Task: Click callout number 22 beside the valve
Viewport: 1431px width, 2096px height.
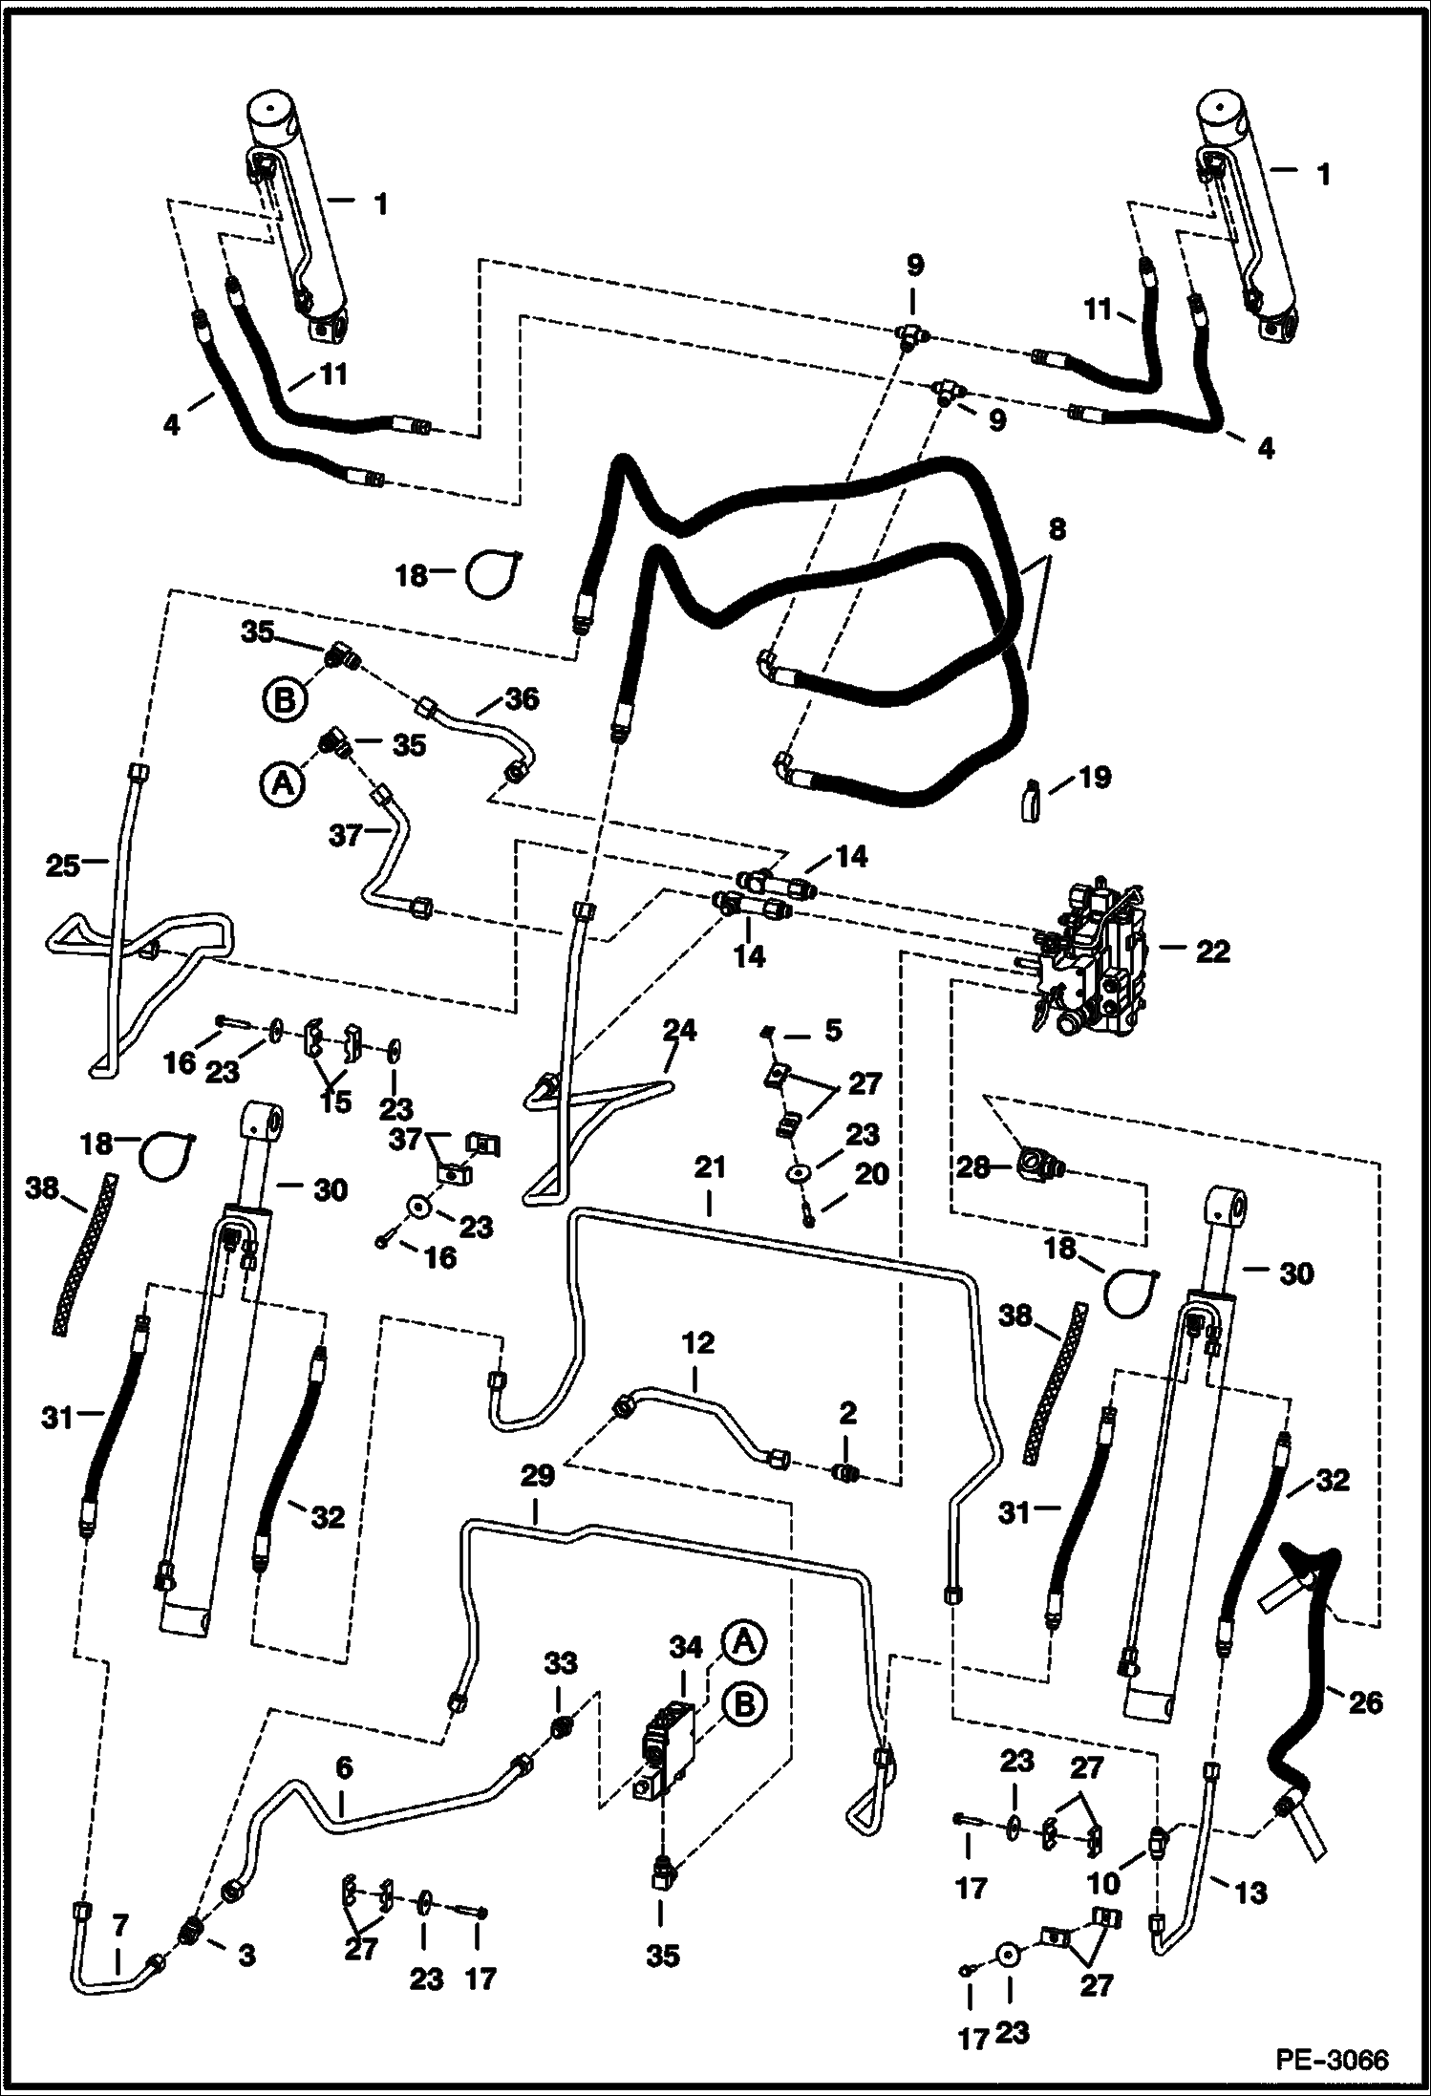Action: click(x=1212, y=952)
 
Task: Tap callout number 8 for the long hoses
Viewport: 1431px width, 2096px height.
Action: click(x=1057, y=529)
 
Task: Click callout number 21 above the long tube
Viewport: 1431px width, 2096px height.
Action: click(x=710, y=1167)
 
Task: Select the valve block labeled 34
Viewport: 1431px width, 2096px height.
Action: click(x=671, y=1756)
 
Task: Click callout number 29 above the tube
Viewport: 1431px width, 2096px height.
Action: click(x=538, y=1477)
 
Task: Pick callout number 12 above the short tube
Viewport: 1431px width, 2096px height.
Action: click(x=698, y=1343)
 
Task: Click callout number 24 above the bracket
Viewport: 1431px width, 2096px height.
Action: click(x=679, y=1031)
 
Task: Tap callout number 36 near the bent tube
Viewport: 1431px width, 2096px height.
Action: click(x=522, y=698)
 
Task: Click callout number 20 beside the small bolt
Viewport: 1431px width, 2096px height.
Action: click(x=872, y=1173)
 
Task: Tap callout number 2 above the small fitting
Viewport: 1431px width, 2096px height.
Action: click(x=848, y=1413)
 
